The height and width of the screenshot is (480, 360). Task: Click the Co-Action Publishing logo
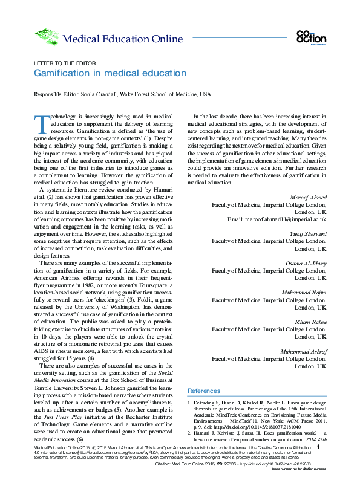(311, 37)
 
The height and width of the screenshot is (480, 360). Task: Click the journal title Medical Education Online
(122, 40)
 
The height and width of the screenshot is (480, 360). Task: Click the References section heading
(204, 391)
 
